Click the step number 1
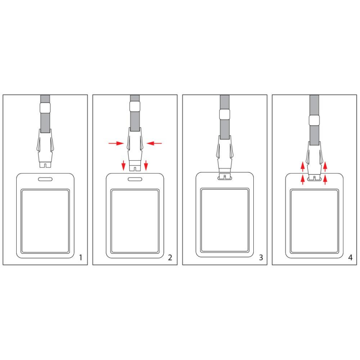[x=81, y=257]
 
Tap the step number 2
[x=170, y=257]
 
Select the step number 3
[x=261, y=257]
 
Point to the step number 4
[x=350, y=257]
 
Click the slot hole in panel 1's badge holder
[x=45, y=179]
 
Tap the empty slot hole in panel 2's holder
[x=135, y=179]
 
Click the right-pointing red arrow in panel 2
[x=116, y=144]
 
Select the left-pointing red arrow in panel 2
[x=154, y=144]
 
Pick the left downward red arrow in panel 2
[x=123, y=166]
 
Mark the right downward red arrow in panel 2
[x=146, y=166]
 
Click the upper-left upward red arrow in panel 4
[x=302, y=166]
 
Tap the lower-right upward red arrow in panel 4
[x=325, y=180]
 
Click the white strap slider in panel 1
[x=45, y=108]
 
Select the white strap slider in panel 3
[x=225, y=114]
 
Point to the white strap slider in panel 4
[x=314, y=120]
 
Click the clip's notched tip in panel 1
[x=45, y=165]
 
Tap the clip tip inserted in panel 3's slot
[x=225, y=176]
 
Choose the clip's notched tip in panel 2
[x=135, y=168]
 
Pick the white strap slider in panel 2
[x=135, y=107]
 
